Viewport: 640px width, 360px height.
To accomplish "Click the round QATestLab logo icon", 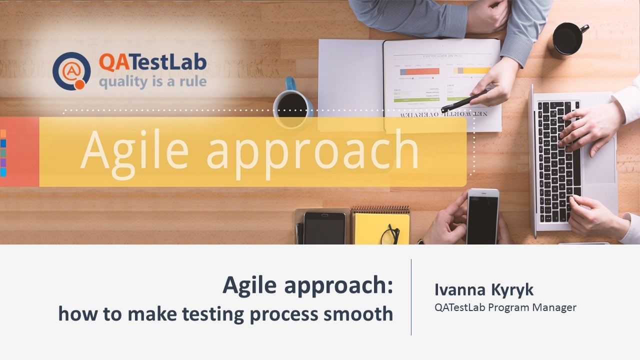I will [x=71, y=71].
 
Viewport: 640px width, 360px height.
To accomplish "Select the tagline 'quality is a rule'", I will [x=152, y=81].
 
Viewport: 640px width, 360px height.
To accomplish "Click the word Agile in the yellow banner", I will [x=134, y=149].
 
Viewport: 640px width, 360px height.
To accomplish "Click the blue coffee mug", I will [x=292, y=100].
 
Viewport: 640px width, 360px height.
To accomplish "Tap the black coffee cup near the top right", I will [x=569, y=39].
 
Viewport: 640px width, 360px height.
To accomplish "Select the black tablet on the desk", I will [x=324, y=228].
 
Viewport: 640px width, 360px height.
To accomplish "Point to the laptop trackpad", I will [x=599, y=160].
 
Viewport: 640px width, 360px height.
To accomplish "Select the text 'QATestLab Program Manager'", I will [x=505, y=307].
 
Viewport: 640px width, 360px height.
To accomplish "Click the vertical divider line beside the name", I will [x=411, y=297].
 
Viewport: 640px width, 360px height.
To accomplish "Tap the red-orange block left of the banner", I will [x=19, y=152].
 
